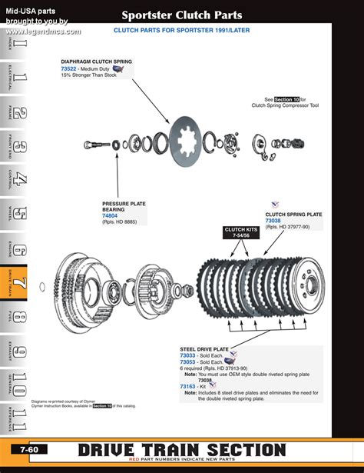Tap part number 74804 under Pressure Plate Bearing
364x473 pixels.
point(110,216)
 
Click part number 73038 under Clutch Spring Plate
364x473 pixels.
point(273,221)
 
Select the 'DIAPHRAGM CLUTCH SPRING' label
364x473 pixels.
point(96,61)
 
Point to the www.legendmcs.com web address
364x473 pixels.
point(44,32)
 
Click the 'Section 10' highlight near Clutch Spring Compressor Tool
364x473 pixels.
point(286,99)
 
